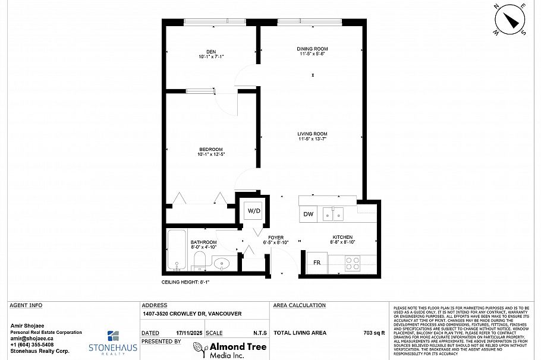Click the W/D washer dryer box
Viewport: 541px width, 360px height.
coord(254,211)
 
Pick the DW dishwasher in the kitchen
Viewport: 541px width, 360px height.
coord(309,214)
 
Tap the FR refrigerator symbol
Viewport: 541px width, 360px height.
coord(317,263)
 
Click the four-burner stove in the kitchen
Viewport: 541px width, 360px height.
coord(352,263)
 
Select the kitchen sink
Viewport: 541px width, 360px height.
coord(333,214)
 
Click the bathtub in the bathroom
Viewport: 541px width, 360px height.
coord(177,250)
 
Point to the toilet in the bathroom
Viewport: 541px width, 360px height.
coord(200,260)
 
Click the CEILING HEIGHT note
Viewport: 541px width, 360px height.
coord(185,283)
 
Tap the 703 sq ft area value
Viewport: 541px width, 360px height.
coord(374,333)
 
